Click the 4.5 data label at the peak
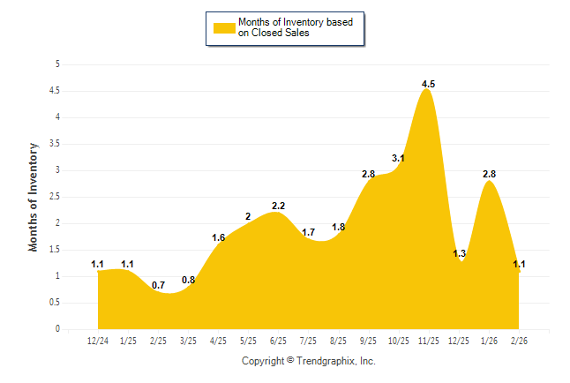pyautogui.click(x=428, y=85)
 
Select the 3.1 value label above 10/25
pyautogui.click(x=398, y=159)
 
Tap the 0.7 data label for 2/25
pyautogui.click(x=158, y=286)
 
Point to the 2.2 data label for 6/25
pyautogui.click(x=278, y=206)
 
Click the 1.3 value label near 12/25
pyautogui.click(x=459, y=254)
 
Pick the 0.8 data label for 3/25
pyautogui.click(x=188, y=281)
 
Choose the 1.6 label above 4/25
pyautogui.click(x=219, y=237)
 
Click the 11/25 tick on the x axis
pyautogui.click(x=428, y=342)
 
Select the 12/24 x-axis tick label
pyautogui.click(x=98, y=342)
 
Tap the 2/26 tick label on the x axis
pyautogui.click(x=519, y=342)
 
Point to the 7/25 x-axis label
pyautogui.click(x=309, y=342)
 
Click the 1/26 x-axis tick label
pyautogui.click(x=489, y=342)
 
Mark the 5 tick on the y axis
pyautogui.click(x=57, y=64)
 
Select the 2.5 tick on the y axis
pyautogui.click(x=55, y=197)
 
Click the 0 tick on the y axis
pyautogui.click(x=57, y=329)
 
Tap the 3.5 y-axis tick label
pyautogui.click(x=55, y=144)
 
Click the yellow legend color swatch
pyautogui.click(x=223, y=28)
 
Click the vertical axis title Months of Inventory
pyautogui.click(x=34, y=197)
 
